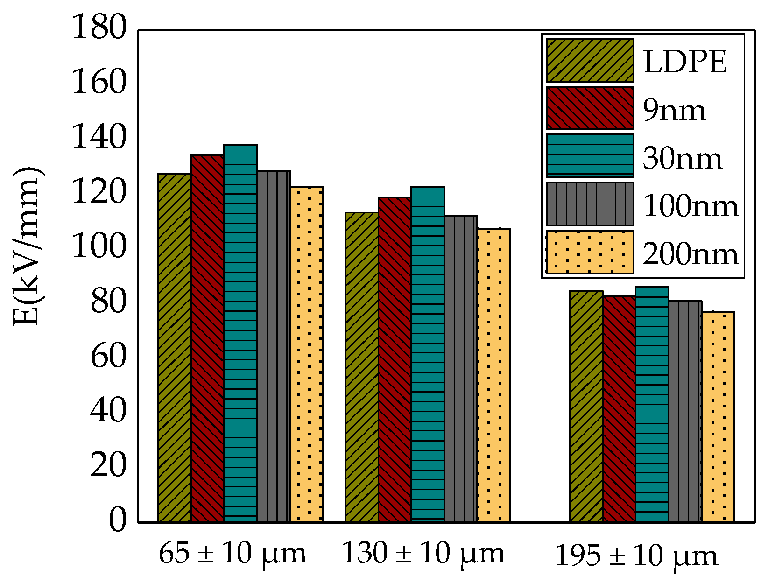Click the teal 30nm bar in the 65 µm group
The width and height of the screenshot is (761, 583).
click(240, 333)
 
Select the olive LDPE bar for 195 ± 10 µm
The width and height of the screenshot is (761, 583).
click(586, 406)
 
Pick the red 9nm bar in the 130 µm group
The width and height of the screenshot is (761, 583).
click(395, 359)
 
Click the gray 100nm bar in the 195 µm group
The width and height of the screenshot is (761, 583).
click(685, 411)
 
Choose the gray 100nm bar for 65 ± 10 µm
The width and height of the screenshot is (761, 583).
click(273, 346)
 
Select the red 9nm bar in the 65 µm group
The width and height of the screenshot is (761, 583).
click(207, 338)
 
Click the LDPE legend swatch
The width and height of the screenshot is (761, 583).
click(590, 60)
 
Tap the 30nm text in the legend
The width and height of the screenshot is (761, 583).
click(682, 158)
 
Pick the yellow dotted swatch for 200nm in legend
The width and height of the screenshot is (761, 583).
click(590, 252)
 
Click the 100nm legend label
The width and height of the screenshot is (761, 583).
click(691, 206)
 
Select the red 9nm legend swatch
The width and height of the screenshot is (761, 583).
click(590, 108)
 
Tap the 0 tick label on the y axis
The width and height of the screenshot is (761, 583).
click(117, 520)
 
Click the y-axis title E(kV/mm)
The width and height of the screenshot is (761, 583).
click(27, 246)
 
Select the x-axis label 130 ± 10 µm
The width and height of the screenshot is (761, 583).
click(423, 554)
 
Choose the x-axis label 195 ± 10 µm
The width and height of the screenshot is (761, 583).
click(636, 556)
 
